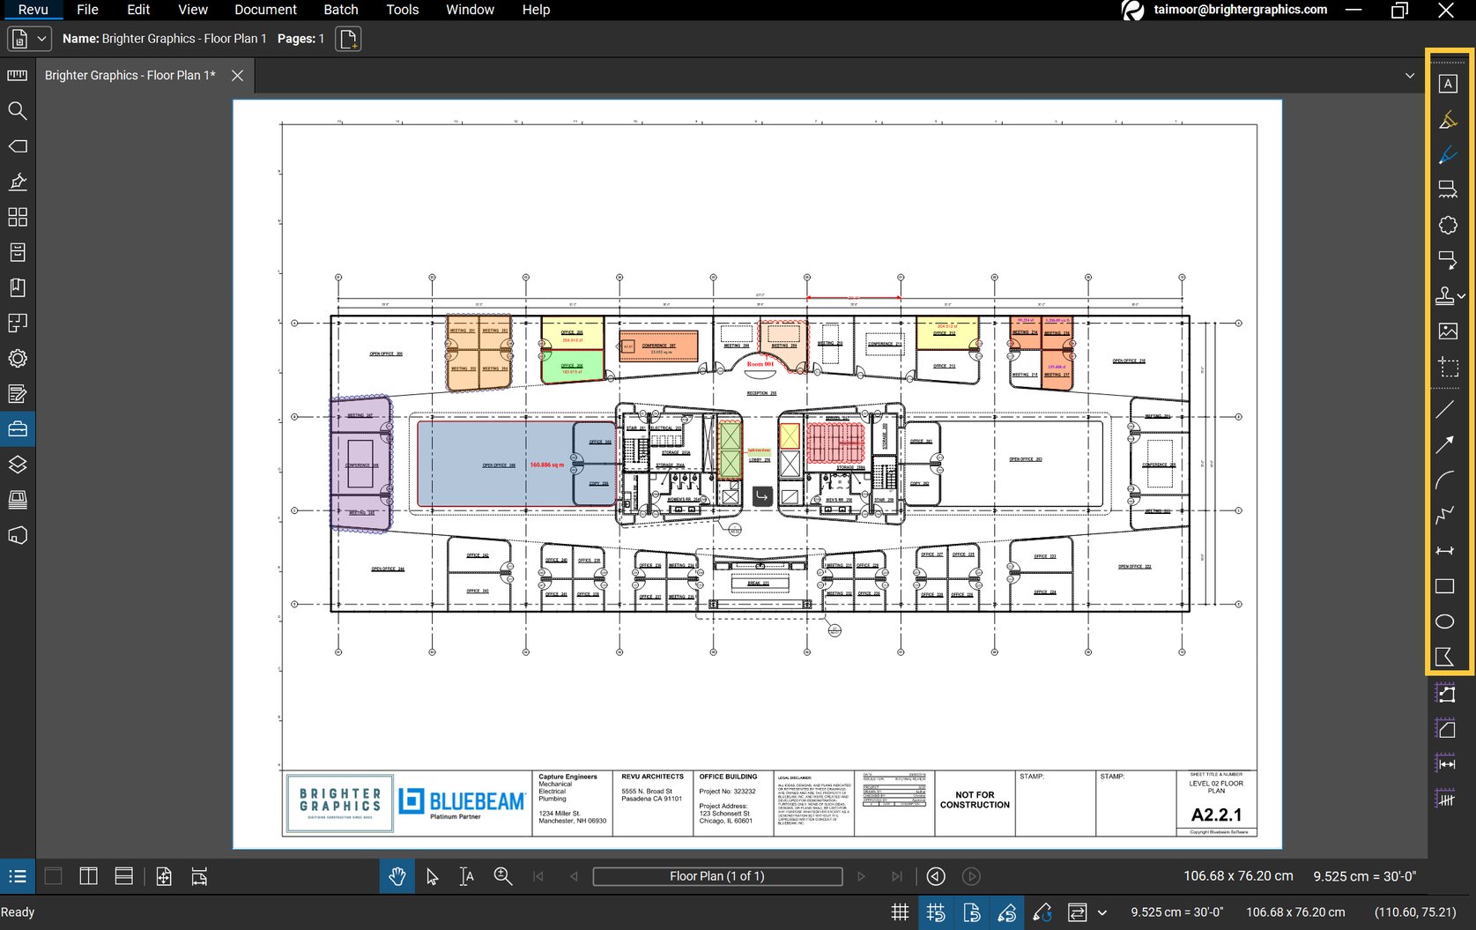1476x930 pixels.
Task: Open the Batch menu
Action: (x=340, y=10)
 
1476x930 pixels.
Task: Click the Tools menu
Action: (x=402, y=10)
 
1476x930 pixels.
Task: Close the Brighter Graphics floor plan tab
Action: (x=237, y=76)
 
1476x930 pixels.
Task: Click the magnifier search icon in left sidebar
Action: (x=17, y=111)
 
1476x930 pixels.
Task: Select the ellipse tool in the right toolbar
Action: (x=1444, y=621)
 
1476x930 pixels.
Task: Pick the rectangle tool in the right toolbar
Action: (x=1444, y=586)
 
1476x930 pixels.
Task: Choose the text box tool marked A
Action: (x=1447, y=84)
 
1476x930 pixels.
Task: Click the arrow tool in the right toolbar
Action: (x=1444, y=445)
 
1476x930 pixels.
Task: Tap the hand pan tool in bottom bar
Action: (x=397, y=876)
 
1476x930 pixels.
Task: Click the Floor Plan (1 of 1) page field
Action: (x=716, y=876)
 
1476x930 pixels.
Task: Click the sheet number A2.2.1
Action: (x=1216, y=815)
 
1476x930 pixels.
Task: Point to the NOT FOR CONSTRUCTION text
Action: (x=975, y=800)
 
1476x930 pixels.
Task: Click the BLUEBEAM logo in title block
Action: (x=462, y=801)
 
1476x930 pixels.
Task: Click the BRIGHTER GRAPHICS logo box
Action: (x=340, y=803)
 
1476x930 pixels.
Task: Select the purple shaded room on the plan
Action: (x=360, y=464)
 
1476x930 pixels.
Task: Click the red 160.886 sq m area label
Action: (x=546, y=465)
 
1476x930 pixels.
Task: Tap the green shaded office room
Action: (x=572, y=368)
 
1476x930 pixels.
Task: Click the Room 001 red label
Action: (x=760, y=363)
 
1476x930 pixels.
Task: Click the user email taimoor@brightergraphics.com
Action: (x=1239, y=10)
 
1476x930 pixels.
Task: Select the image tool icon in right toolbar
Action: (x=1447, y=331)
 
